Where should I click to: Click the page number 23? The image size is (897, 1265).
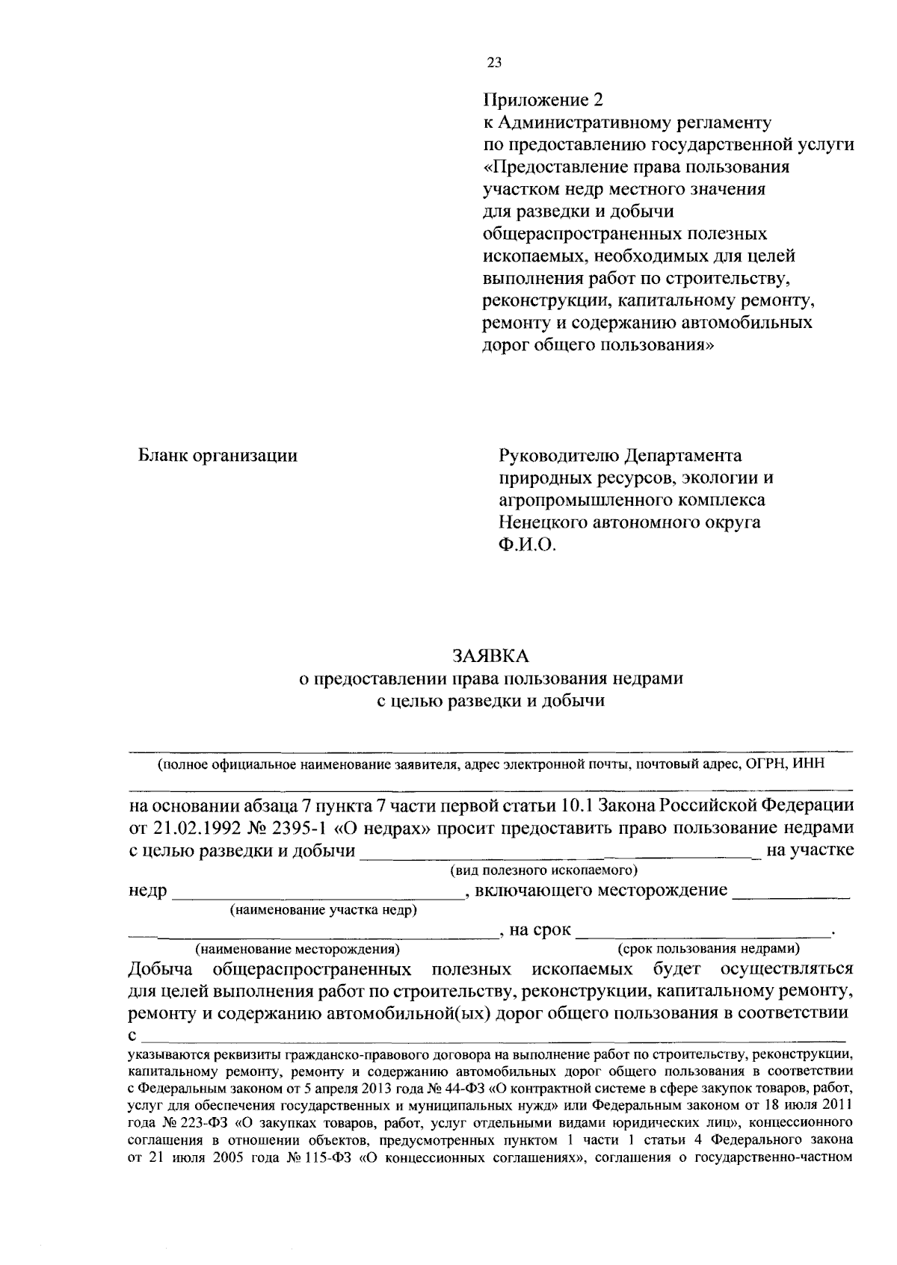[x=493, y=64]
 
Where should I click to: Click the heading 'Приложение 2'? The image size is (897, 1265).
[x=542, y=99]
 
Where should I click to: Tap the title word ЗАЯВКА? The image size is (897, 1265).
[x=490, y=656]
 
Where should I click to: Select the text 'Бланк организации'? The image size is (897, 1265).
[x=218, y=455]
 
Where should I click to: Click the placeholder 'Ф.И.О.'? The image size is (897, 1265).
[x=528, y=545]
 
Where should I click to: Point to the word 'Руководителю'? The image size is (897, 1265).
[x=559, y=455]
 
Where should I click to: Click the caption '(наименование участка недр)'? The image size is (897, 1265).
[x=324, y=910]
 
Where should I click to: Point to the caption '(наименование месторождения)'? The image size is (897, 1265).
[x=298, y=950]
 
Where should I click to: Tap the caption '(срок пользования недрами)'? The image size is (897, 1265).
[x=708, y=950]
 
